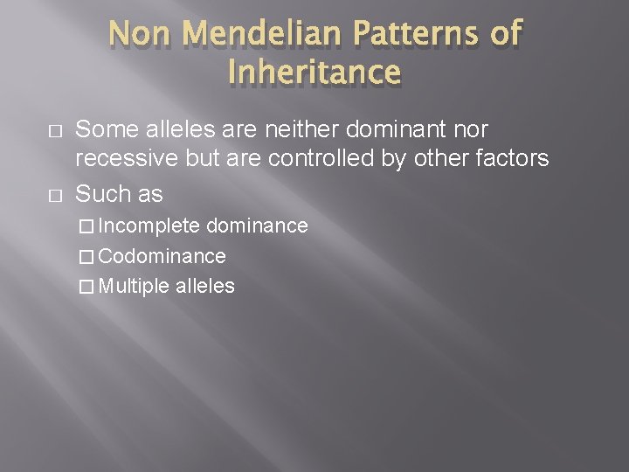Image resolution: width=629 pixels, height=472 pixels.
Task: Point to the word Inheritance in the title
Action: click(314, 73)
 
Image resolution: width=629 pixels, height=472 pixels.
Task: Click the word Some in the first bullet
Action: click(103, 129)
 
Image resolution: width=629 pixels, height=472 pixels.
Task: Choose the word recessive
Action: click(120, 158)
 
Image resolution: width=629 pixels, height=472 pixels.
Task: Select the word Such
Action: click(101, 193)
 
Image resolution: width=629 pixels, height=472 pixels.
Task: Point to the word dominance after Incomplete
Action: click(257, 226)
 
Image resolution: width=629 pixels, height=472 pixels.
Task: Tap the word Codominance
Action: click(162, 256)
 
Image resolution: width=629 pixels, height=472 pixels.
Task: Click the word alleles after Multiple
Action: click(204, 286)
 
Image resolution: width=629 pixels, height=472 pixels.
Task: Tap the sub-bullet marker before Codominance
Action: click(86, 257)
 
